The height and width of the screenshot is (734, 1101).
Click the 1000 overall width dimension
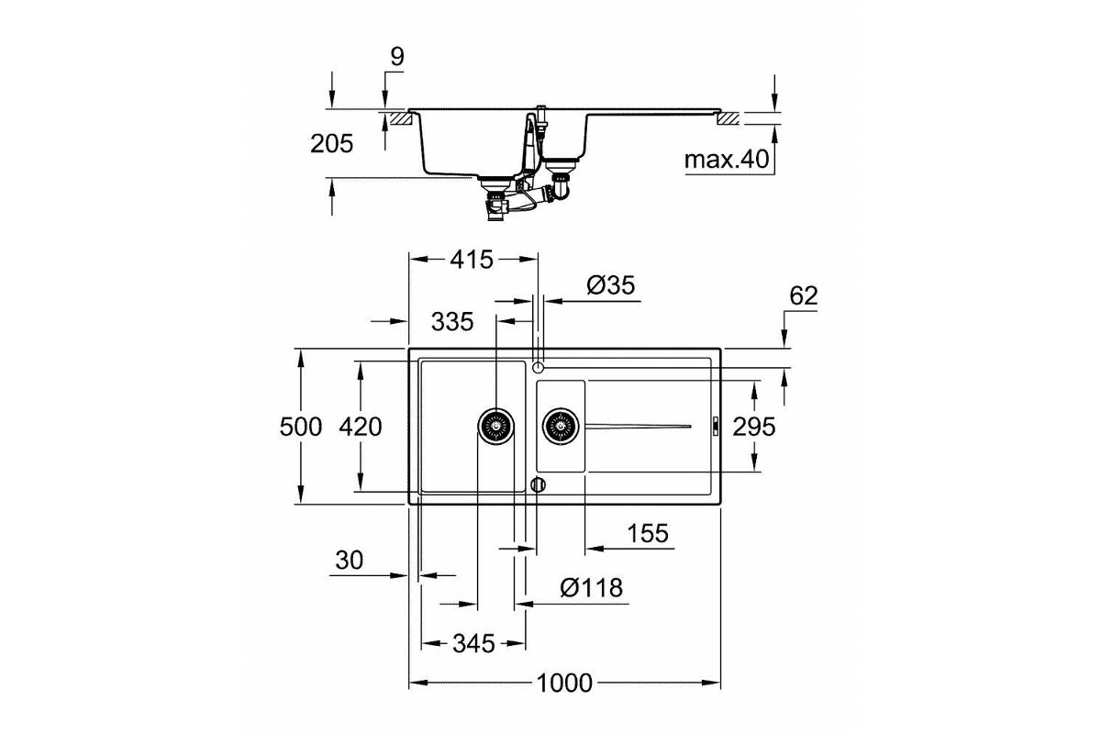tap(564, 683)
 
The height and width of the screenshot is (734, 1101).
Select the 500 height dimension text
tap(301, 427)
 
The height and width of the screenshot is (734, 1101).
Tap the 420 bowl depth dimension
tap(361, 427)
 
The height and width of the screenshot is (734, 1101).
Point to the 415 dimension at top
tap(472, 260)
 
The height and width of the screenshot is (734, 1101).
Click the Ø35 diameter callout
tap(611, 285)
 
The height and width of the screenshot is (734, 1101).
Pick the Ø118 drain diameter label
tap(591, 587)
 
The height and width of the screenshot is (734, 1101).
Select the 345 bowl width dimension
tap(473, 643)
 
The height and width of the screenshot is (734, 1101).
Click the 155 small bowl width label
tap(648, 533)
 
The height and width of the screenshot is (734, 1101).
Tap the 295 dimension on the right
tap(754, 427)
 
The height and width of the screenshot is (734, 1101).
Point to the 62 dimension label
tap(804, 296)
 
